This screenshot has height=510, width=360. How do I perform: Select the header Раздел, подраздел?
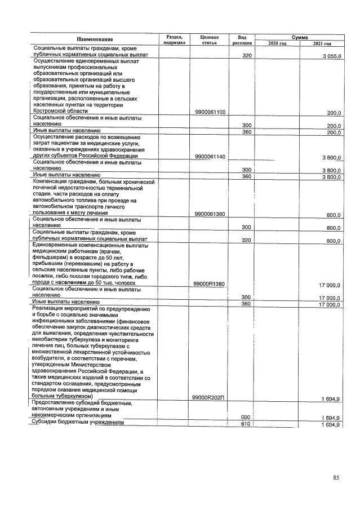[174, 39]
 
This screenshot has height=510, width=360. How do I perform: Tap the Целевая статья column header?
[209, 39]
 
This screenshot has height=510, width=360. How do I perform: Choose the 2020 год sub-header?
[277, 43]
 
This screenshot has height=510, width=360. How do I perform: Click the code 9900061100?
[209, 112]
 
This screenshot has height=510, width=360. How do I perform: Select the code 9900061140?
[209, 156]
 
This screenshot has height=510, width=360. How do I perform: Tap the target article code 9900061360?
[209, 214]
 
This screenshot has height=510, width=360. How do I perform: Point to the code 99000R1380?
[209, 283]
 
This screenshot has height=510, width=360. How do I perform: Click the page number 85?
[336, 478]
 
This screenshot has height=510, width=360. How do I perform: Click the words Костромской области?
[61, 111]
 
